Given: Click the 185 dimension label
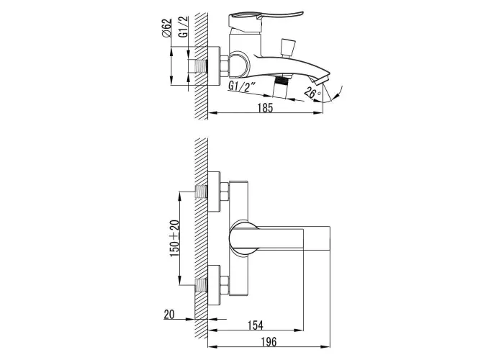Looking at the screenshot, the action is pyautogui.click(x=265, y=108).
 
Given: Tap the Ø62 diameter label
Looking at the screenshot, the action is pyautogui.click(x=167, y=28).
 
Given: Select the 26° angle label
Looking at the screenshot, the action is pyautogui.click(x=312, y=93).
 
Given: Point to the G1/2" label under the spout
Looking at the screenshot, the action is pyautogui.click(x=241, y=87).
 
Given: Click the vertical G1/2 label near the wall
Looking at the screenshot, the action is pyautogui.click(x=184, y=27).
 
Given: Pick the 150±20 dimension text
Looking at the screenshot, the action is pyautogui.click(x=174, y=238).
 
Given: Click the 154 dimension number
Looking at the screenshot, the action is pyautogui.click(x=255, y=325).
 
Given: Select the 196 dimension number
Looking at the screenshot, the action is pyautogui.click(x=269, y=342).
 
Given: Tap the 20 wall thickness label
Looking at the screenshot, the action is pyautogui.click(x=169, y=315).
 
